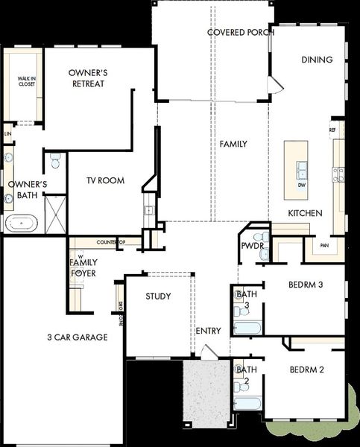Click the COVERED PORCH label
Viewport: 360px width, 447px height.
click(x=239, y=33)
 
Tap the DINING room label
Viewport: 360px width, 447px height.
click(x=317, y=60)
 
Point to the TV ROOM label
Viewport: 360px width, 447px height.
click(x=105, y=181)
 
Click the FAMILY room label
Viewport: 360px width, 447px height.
click(x=233, y=144)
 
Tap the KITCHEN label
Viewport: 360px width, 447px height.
click(x=306, y=213)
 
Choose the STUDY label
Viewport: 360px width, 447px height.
click(x=157, y=297)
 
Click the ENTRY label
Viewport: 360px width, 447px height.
click(x=208, y=331)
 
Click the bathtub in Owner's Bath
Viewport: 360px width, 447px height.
click(x=24, y=222)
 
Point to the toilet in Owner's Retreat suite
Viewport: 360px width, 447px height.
click(x=54, y=159)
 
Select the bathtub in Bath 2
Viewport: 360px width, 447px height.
click(x=247, y=405)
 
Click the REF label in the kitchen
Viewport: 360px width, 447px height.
click(x=332, y=130)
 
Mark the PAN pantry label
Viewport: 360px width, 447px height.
click(x=323, y=244)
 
